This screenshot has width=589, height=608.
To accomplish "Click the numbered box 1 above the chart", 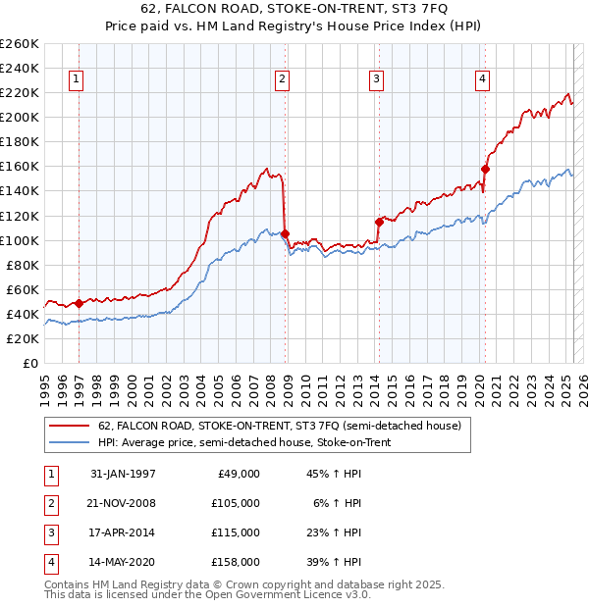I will click(x=77, y=80).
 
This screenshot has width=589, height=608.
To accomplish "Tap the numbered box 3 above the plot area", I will click(x=376, y=80).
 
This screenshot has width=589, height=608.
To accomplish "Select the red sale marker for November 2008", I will click(x=285, y=233).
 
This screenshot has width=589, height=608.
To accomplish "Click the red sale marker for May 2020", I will click(x=484, y=169).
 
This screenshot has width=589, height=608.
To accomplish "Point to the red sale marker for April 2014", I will click(x=379, y=222).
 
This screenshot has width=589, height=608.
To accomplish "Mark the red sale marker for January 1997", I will click(x=80, y=303).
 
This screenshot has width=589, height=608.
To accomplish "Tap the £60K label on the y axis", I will click(x=23, y=289).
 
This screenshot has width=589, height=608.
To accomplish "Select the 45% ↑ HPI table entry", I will click(x=335, y=474).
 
